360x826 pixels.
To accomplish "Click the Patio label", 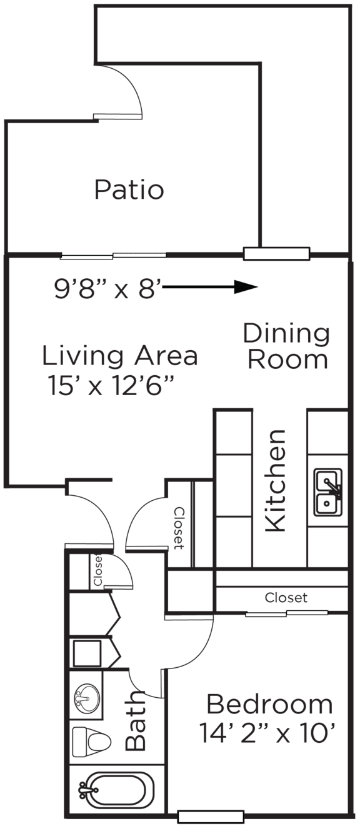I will (129, 189).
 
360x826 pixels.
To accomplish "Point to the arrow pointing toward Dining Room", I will (212, 288).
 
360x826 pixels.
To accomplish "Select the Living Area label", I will (120, 356).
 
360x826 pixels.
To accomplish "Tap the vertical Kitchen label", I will (276, 481).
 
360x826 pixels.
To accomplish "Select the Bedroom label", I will (269, 705).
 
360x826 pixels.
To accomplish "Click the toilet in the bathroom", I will (91, 742).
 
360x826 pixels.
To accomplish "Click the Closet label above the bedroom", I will (286, 598).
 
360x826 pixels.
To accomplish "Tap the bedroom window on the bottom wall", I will (210, 817).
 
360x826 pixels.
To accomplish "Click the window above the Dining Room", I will (276, 254).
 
